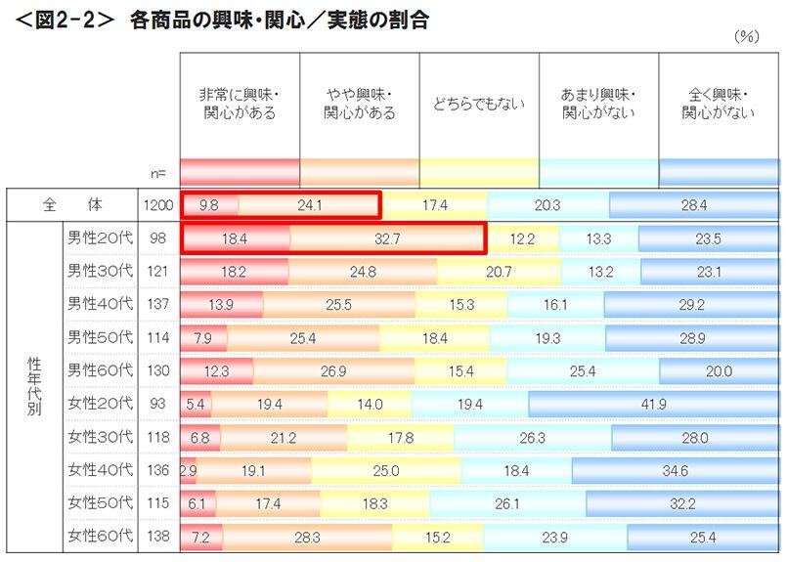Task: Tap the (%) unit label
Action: pos(746,36)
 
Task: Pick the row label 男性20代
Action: pos(98,238)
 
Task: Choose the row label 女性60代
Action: pos(98,536)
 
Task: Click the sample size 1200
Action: pos(157,205)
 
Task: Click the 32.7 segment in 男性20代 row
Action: pos(387,238)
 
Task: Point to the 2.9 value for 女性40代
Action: pos(189,470)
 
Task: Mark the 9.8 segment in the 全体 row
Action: pos(208,205)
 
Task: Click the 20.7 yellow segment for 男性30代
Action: pos(499,272)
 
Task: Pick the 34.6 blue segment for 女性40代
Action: pos(676,470)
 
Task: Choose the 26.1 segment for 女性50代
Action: pos(536,503)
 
